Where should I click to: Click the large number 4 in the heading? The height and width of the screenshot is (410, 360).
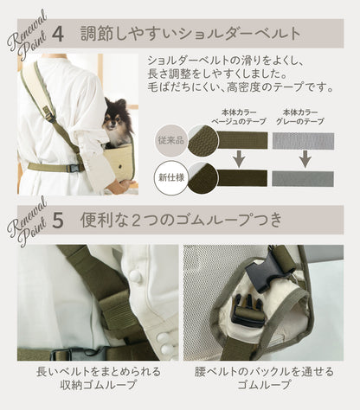59,35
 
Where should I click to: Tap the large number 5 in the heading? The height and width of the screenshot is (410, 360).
58,221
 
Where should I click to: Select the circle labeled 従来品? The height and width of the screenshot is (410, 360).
171,140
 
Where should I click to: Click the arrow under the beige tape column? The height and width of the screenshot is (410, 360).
239,158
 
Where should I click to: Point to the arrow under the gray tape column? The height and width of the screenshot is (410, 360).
305,158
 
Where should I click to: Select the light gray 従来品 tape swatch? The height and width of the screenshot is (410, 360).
303,141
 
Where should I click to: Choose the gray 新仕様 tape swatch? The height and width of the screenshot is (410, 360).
303,179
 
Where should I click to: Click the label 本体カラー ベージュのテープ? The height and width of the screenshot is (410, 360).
239,117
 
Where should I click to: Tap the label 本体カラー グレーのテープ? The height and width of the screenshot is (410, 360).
300,117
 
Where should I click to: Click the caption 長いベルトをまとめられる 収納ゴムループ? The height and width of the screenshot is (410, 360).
98,378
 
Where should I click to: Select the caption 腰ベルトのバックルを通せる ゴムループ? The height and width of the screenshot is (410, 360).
264,378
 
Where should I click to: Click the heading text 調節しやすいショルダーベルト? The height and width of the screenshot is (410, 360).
190,35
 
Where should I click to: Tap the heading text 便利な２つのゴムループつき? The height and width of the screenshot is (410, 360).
181,221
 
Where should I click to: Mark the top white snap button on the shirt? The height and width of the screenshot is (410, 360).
134,276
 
